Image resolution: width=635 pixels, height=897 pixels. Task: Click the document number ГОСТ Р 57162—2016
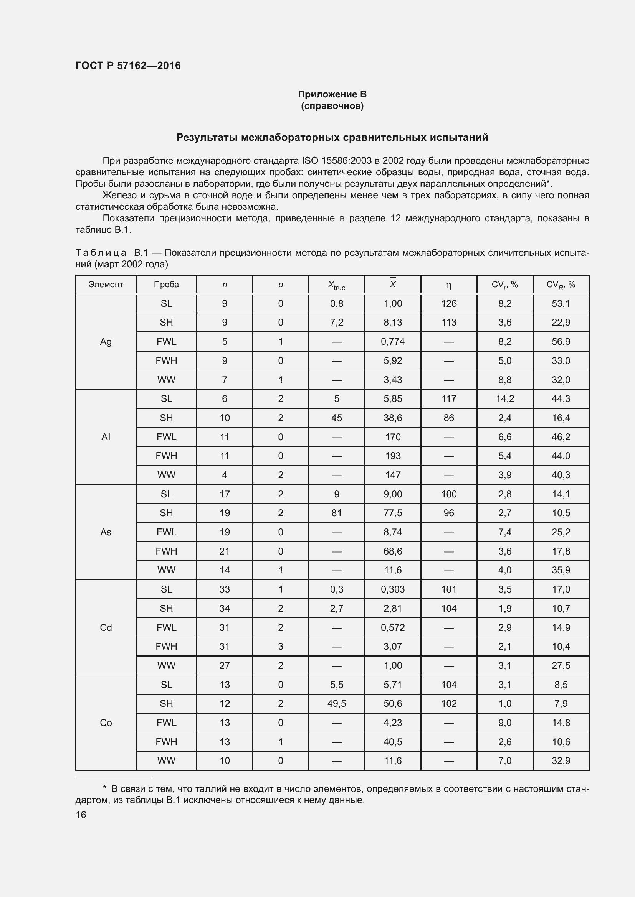128,66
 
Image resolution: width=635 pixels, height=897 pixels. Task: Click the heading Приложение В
332,94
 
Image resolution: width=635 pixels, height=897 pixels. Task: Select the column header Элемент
106,285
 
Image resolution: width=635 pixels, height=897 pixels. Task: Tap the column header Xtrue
336,285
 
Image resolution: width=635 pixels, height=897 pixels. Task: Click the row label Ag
106,341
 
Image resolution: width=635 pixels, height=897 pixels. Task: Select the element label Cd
106,627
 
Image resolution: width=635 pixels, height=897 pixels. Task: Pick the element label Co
106,723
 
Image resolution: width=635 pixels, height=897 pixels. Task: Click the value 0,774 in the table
393,341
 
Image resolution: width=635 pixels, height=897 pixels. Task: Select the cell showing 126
448,304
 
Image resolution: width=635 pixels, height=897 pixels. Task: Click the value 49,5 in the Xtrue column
336,704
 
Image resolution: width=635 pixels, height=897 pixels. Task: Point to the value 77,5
393,513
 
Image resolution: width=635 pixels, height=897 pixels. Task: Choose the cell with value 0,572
393,627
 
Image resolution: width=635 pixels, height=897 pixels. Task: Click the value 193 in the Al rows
393,456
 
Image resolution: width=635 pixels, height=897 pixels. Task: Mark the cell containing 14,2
504,398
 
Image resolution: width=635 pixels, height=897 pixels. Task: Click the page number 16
81,815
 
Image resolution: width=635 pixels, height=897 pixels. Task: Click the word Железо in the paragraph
119,195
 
